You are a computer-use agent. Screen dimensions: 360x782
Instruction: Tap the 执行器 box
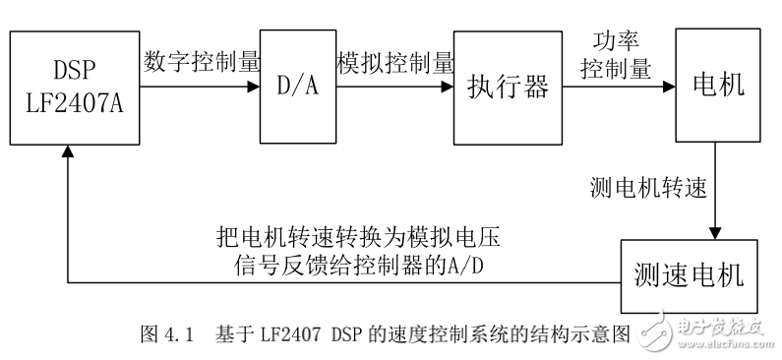pyautogui.click(x=507, y=87)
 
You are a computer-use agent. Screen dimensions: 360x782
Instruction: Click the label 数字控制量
pyautogui.click(x=202, y=61)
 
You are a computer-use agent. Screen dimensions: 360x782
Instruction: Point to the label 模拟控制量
pyautogui.click(x=394, y=61)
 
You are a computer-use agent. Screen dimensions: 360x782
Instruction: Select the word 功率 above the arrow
pyautogui.click(x=617, y=43)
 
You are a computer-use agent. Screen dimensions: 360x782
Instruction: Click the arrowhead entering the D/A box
pyautogui.click(x=254, y=87)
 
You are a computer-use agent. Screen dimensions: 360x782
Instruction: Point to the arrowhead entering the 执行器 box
pyautogui.click(x=448, y=87)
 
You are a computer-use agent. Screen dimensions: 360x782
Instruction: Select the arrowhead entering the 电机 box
pyautogui.click(x=669, y=87)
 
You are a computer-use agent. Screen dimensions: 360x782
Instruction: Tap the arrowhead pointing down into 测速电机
pyautogui.click(x=715, y=233)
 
